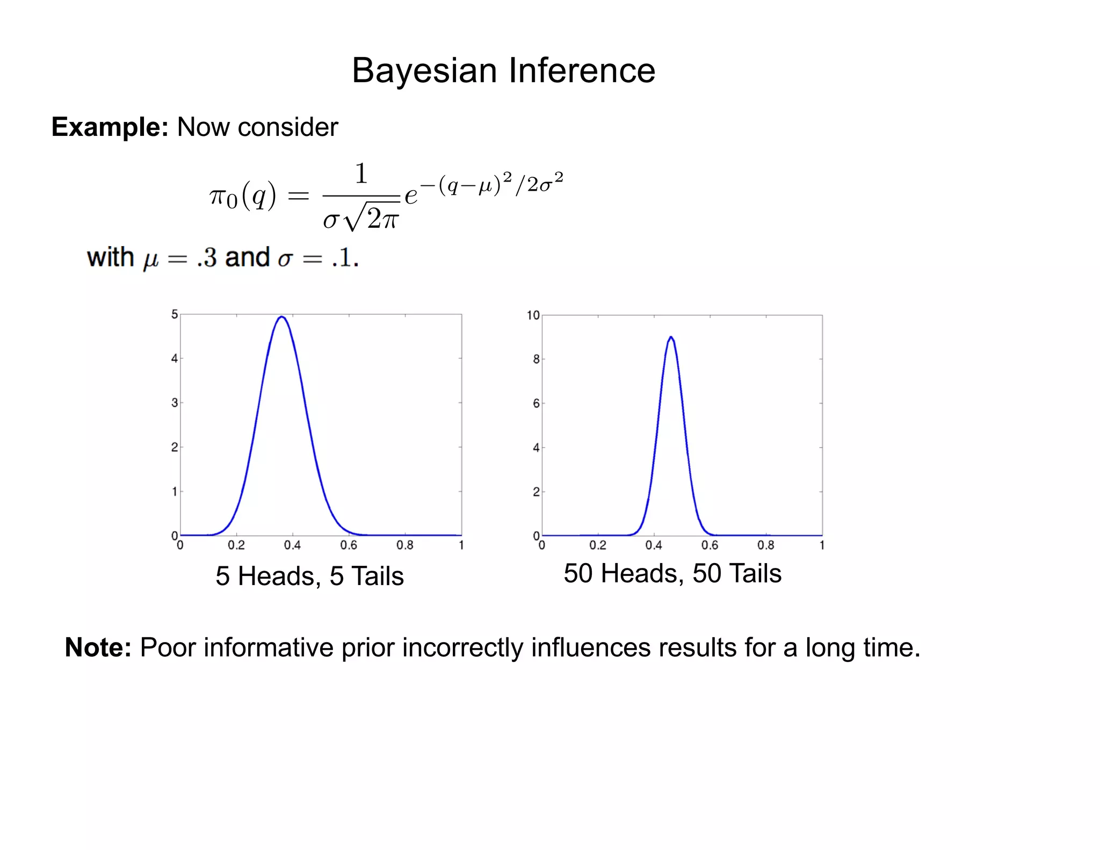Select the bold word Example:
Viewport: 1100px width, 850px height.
point(110,127)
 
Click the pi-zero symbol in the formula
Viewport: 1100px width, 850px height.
point(223,197)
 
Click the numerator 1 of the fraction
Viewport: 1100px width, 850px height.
point(361,174)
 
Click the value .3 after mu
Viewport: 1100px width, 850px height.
point(207,258)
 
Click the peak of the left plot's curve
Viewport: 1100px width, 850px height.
point(282,317)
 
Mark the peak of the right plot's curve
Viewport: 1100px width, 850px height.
point(671,337)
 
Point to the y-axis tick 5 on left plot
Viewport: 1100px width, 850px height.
point(174,314)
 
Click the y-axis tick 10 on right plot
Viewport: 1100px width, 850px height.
point(533,315)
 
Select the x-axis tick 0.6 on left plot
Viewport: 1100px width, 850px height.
point(349,545)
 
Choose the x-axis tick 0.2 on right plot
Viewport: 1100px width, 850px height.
point(598,545)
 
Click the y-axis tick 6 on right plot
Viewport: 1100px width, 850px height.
point(536,404)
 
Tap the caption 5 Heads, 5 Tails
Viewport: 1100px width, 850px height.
point(309,576)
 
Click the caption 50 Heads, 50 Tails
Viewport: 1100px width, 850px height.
point(672,573)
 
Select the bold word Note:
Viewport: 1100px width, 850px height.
point(98,647)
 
